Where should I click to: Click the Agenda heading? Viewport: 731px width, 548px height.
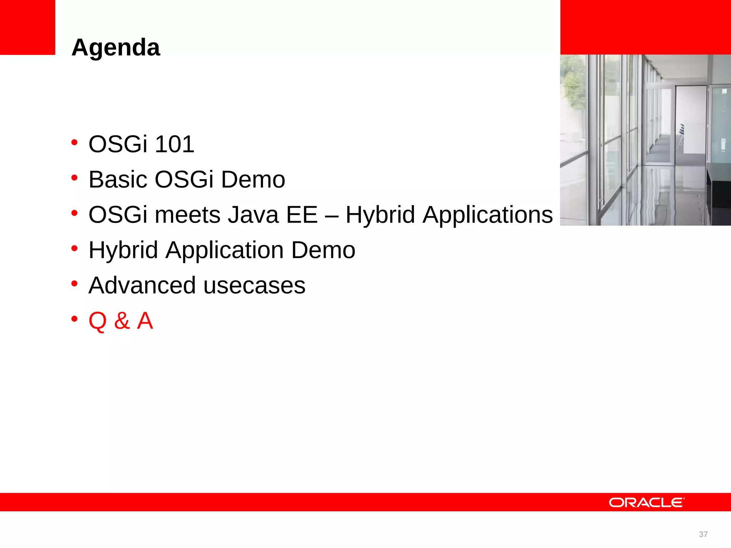click(116, 48)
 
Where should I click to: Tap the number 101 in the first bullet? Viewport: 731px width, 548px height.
click(175, 144)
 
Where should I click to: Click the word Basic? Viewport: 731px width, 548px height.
click(117, 179)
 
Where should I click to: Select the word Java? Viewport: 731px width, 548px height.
click(253, 215)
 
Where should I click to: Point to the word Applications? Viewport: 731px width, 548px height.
click(488, 215)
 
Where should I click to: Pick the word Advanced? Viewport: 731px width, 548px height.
click(142, 285)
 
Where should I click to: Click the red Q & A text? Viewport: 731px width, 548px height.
click(121, 321)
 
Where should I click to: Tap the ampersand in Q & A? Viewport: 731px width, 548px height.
click(122, 321)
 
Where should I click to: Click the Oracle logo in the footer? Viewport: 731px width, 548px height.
click(646, 502)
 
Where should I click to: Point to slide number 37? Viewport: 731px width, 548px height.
click(703, 534)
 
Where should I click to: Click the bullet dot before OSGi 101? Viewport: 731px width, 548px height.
click(74, 142)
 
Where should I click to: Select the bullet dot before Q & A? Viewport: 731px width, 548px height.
click(74, 319)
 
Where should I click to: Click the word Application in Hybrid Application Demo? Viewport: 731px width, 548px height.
click(225, 250)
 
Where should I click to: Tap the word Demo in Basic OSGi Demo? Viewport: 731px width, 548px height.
click(253, 179)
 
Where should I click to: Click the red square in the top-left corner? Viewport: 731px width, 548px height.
click(27, 27)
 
